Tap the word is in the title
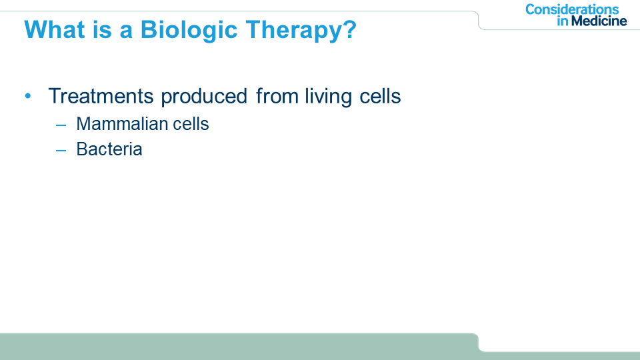coord(102,29)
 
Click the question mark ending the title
coord(348,29)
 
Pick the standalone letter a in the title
coord(126,32)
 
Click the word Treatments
coord(101,96)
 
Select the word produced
coord(204,97)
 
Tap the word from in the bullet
coord(277,96)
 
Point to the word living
coord(328,97)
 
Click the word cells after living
coord(380,96)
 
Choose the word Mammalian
coord(121,124)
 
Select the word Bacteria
coord(109,149)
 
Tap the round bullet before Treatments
coord(28,96)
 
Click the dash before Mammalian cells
coord(61,125)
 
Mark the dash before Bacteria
coord(61,150)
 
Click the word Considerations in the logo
coord(572,9)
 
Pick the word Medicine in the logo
coord(599,21)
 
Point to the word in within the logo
coord(563,21)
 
